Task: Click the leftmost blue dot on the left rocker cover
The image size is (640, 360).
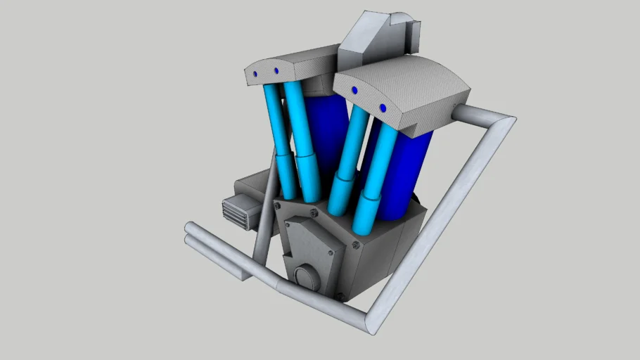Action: tap(255, 72)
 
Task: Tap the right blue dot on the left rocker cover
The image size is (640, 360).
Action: tap(276, 71)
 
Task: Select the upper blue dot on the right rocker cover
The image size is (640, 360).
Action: tap(354, 90)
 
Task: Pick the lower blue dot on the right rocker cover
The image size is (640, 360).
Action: tap(383, 108)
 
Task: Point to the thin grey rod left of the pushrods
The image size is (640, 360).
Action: tap(264, 218)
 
